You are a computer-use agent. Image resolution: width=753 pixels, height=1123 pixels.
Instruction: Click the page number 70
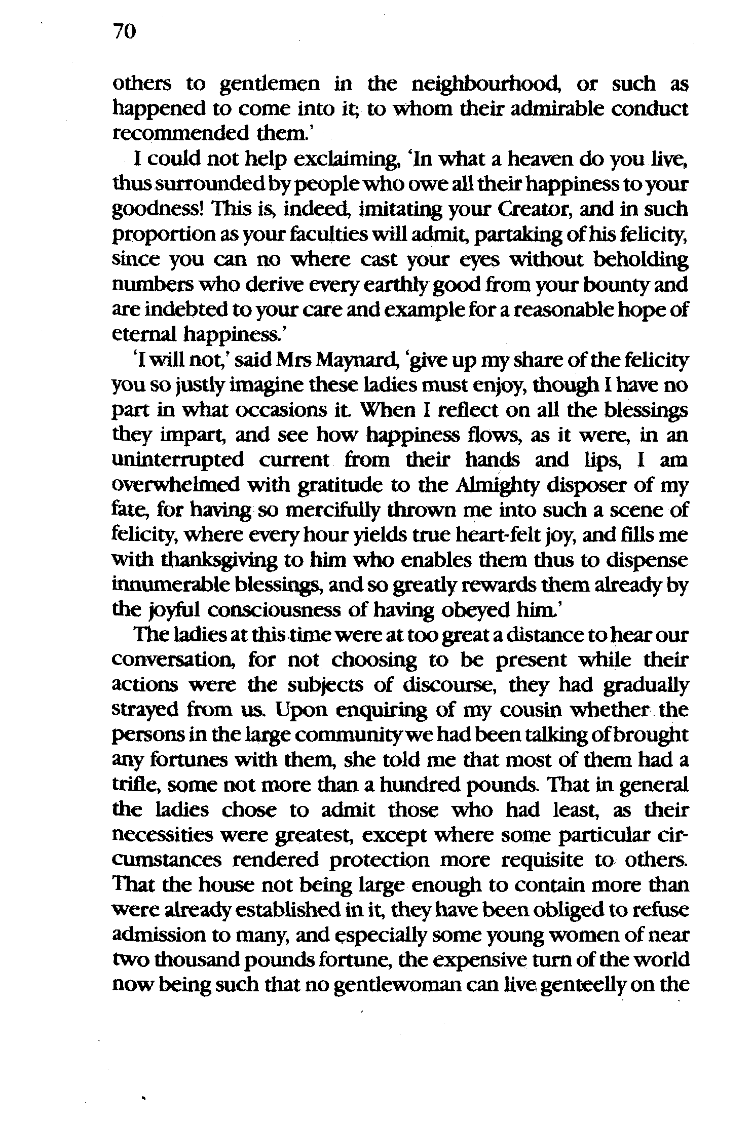(x=125, y=32)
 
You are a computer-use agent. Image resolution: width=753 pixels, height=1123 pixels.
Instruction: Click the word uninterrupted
(x=177, y=460)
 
